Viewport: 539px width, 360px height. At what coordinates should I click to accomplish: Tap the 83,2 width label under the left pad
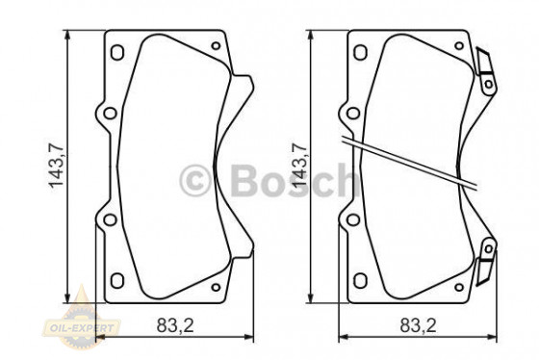click(175, 326)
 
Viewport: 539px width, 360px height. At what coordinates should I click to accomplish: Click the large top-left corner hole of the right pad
click(361, 54)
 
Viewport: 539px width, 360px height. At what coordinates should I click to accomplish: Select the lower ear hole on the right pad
click(353, 218)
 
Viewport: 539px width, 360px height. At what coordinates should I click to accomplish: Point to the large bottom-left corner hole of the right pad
click(361, 280)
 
